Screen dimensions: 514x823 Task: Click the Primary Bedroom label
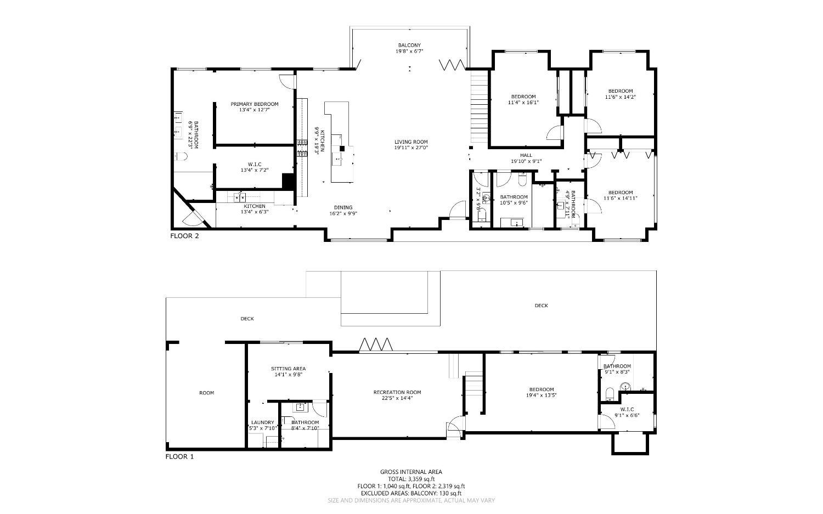tap(254, 104)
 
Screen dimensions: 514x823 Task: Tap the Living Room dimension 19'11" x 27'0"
tap(411, 148)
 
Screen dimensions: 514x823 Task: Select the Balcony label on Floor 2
tap(409, 45)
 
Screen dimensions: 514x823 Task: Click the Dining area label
tap(341, 207)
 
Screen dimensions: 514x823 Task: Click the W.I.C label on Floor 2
tap(254, 164)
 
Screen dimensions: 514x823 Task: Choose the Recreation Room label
tap(397, 392)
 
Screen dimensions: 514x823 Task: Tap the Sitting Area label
tap(288, 369)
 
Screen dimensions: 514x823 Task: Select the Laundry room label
tap(262, 422)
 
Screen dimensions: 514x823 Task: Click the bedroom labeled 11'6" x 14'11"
tap(620, 193)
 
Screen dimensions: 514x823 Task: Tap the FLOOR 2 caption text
tap(184, 236)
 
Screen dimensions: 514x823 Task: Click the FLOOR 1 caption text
tap(180, 456)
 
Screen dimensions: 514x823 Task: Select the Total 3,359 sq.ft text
tap(411, 479)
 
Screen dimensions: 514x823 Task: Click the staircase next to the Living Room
tap(478, 107)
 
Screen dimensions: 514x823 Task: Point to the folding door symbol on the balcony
tap(453, 65)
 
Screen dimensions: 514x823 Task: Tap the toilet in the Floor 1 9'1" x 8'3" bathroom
tap(608, 393)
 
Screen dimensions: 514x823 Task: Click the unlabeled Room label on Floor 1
tap(206, 393)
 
